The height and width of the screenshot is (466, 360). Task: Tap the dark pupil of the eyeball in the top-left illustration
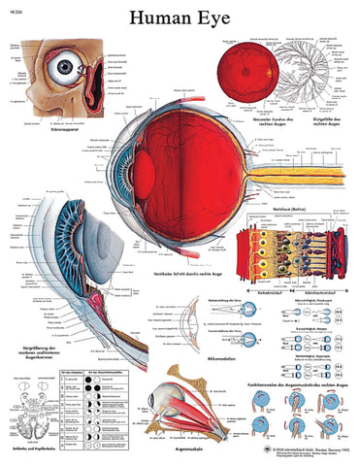pyautogui.click(x=67, y=68)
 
